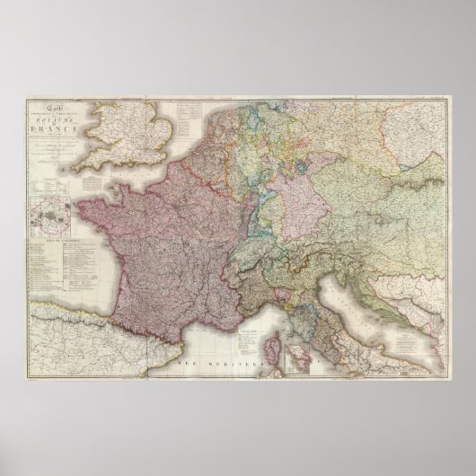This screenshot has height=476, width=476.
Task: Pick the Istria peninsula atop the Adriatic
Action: [332, 275]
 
